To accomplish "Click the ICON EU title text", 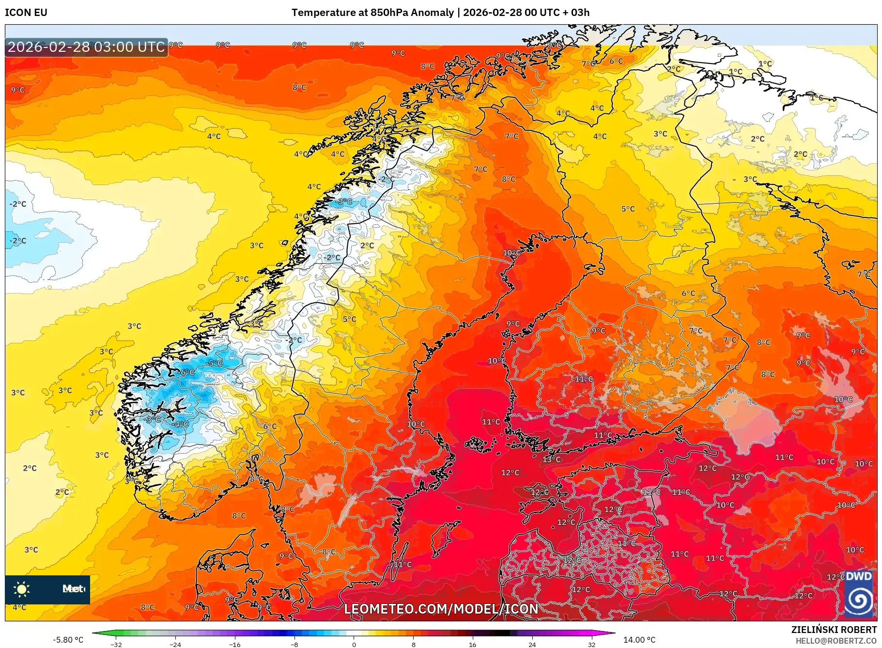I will coord(26,13).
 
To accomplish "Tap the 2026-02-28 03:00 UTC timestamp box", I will coord(86,47).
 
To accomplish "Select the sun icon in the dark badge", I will coord(22,589).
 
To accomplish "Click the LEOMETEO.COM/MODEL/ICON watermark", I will coord(441,609).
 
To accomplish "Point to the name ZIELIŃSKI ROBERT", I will coord(834,630).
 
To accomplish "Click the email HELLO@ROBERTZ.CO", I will coord(836,641).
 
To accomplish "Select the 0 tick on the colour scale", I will coord(354,644).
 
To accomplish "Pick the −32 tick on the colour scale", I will coord(116,644).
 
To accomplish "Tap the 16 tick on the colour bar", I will coord(473,644).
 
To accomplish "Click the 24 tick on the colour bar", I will coord(532,644).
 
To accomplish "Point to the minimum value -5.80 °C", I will coord(68,640).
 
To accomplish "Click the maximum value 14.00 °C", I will coord(639,640).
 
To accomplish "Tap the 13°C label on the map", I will coord(552,459).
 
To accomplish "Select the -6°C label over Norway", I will coord(187,372).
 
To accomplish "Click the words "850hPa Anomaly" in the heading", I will coord(412,13).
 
